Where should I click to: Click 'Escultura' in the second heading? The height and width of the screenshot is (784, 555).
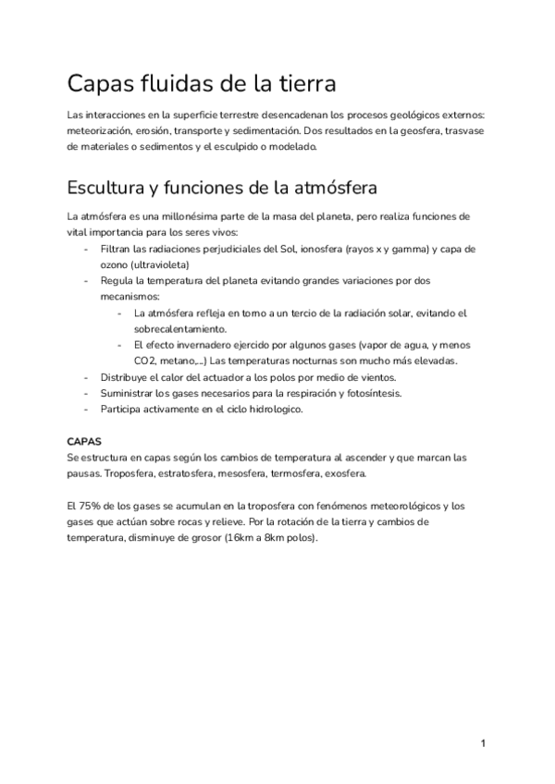[x=105, y=188]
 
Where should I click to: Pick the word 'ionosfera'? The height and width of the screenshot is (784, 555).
[x=331, y=250]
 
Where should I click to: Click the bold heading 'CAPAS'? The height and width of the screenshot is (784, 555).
[x=85, y=441]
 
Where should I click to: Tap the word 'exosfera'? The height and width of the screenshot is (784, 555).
[x=344, y=473]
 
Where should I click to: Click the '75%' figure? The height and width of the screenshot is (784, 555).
[x=94, y=506]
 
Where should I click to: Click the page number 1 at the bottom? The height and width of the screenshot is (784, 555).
[x=483, y=743]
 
